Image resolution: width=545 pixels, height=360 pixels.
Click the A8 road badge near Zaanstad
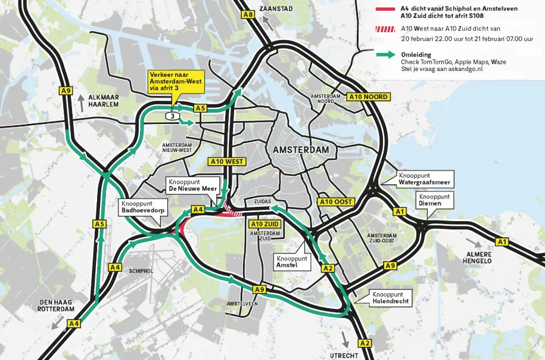(x=249, y=14)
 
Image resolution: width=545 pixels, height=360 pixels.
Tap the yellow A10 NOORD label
(x=369, y=97)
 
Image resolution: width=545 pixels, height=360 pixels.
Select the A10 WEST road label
(x=227, y=161)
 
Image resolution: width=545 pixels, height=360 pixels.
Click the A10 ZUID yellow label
(x=264, y=224)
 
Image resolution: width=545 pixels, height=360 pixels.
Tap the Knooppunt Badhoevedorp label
(x=144, y=206)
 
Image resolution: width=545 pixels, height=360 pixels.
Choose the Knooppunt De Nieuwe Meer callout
(x=191, y=184)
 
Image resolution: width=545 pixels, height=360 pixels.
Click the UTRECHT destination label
(x=344, y=355)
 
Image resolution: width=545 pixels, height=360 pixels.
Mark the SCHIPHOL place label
(x=142, y=270)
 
